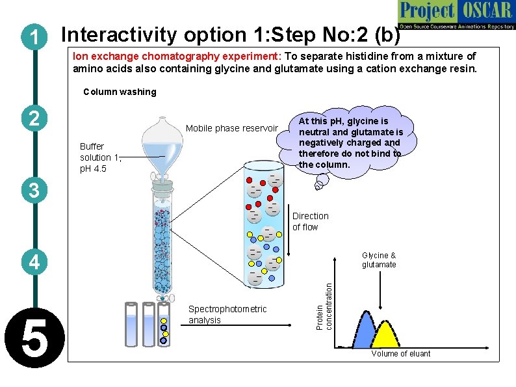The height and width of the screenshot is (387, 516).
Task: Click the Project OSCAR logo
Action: pos(456,15)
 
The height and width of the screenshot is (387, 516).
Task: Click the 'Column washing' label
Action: pos(120,92)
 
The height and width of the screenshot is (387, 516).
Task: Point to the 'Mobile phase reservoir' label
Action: pos(231,128)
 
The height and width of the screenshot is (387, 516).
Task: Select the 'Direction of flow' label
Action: pos(310,221)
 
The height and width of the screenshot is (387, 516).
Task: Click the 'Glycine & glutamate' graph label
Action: pos(378,260)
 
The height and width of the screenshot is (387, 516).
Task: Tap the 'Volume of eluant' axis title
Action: pos(400,353)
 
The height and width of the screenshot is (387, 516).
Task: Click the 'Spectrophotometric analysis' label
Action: pos(227,314)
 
